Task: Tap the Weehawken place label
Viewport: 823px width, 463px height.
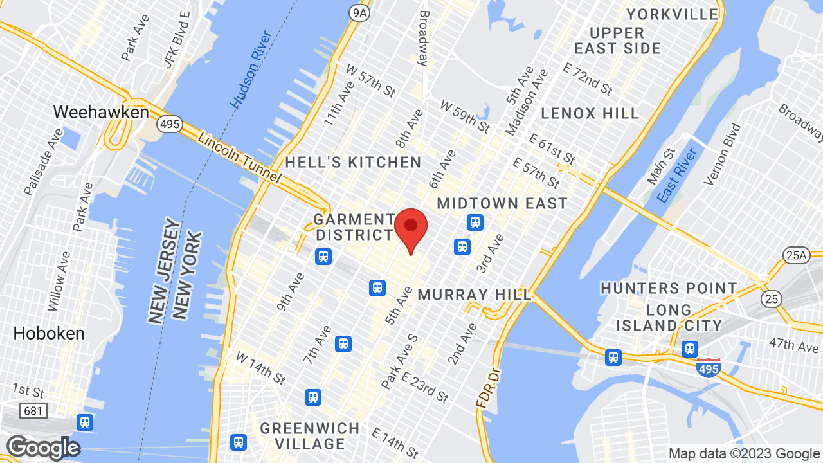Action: coord(100,112)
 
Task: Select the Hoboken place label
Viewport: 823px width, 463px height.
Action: coord(49,333)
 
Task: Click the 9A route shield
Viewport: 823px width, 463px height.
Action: coord(359,13)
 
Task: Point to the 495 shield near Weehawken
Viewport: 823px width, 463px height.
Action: coord(170,124)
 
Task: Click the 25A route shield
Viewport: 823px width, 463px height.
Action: coord(796,255)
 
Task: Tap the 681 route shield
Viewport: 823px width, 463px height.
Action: coord(32,410)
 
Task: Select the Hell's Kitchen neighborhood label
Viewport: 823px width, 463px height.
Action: coord(353,162)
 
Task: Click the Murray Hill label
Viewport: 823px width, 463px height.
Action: coord(475,295)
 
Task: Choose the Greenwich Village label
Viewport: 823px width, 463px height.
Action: coord(310,436)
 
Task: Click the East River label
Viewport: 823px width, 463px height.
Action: coord(678,175)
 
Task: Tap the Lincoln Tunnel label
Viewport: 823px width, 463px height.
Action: coord(239,158)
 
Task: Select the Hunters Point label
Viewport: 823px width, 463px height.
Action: coord(669,288)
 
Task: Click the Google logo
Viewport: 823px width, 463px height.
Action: coord(43,448)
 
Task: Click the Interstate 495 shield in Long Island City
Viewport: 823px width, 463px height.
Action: coord(707,367)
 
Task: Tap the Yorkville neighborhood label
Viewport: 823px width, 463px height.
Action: coord(673,14)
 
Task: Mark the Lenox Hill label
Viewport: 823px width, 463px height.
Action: coord(590,114)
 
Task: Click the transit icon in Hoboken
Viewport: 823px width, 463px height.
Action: coord(84,422)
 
